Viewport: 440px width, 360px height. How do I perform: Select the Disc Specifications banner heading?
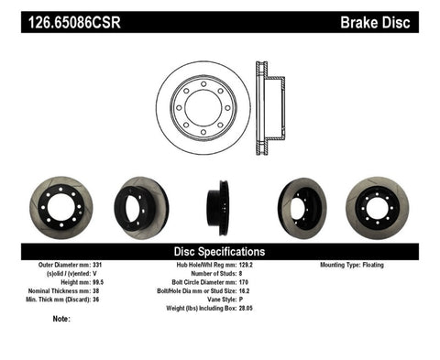coord(220,251)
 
